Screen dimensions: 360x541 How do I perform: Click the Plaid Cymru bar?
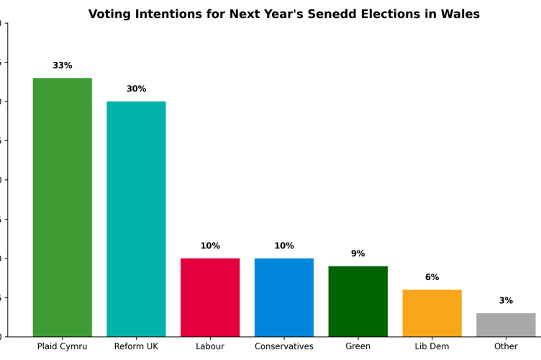[x=63, y=207]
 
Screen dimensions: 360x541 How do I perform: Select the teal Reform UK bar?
[x=136, y=218]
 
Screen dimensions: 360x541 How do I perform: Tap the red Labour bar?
[x=210, y=297]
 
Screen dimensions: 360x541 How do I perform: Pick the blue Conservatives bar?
[x=284, y=297]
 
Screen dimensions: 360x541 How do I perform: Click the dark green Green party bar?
[x=358, y=301]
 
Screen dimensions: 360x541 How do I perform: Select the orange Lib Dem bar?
[x=432, y=312]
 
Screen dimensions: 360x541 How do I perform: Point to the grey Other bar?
[x=506, y=325]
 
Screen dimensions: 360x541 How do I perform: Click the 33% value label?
[x=63, y=66]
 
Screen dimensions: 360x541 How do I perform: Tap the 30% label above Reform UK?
[x=136, y=89]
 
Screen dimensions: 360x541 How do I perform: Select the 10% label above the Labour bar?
[x=210, y=246]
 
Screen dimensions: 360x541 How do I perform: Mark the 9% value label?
[x=358, y=253]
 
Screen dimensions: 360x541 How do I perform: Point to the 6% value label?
[x=432, y=277]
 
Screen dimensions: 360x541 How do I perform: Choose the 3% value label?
[x=506, y=301]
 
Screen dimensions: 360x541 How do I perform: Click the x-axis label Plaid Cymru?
[x=63, y=346]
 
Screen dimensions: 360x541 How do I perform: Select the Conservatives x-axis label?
[x=284, y=346]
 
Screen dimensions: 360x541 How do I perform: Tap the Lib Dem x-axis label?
[x=432, y=346]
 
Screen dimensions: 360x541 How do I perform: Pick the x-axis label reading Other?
[x=506, y=346]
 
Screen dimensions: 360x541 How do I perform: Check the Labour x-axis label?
[x=210, y=346]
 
